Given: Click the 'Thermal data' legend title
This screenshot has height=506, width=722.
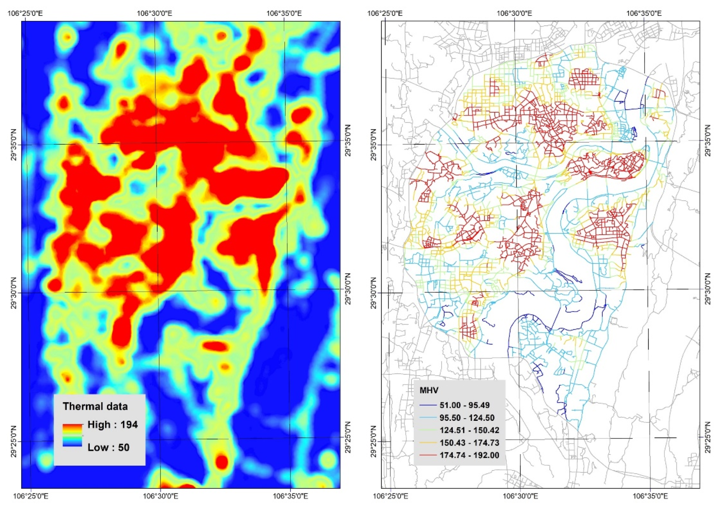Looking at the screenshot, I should click(x=95, y=406).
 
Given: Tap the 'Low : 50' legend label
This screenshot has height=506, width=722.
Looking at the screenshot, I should click(x=109, y=447).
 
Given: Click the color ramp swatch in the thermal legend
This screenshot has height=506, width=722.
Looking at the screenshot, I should click(x=72, y=435).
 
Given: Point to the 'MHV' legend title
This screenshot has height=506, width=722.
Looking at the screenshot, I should click(x=429, y=391).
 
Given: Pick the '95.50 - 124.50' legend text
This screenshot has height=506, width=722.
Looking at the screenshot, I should click(x=467, y=418).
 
